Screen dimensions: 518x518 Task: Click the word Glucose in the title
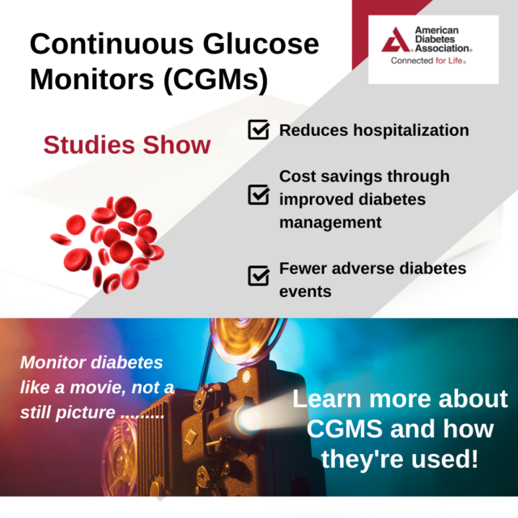261,44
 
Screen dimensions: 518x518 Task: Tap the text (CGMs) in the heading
216,79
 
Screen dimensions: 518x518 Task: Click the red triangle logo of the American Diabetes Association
396,40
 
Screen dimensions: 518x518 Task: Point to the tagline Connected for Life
428,61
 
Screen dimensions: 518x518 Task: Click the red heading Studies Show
127,145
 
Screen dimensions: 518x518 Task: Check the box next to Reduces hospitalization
259,129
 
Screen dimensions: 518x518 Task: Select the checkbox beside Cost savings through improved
259,194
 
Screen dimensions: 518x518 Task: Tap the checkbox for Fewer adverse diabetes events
259,275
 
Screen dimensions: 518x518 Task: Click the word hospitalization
411,130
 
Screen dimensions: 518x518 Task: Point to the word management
330,223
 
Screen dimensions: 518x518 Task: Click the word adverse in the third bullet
363,268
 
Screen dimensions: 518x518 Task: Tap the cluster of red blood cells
108,244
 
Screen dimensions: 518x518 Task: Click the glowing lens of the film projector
246,419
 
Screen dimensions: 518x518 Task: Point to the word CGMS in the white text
343,429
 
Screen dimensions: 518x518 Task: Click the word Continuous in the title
112,44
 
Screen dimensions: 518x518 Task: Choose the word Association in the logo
442,49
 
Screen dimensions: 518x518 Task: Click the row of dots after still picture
142,417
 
